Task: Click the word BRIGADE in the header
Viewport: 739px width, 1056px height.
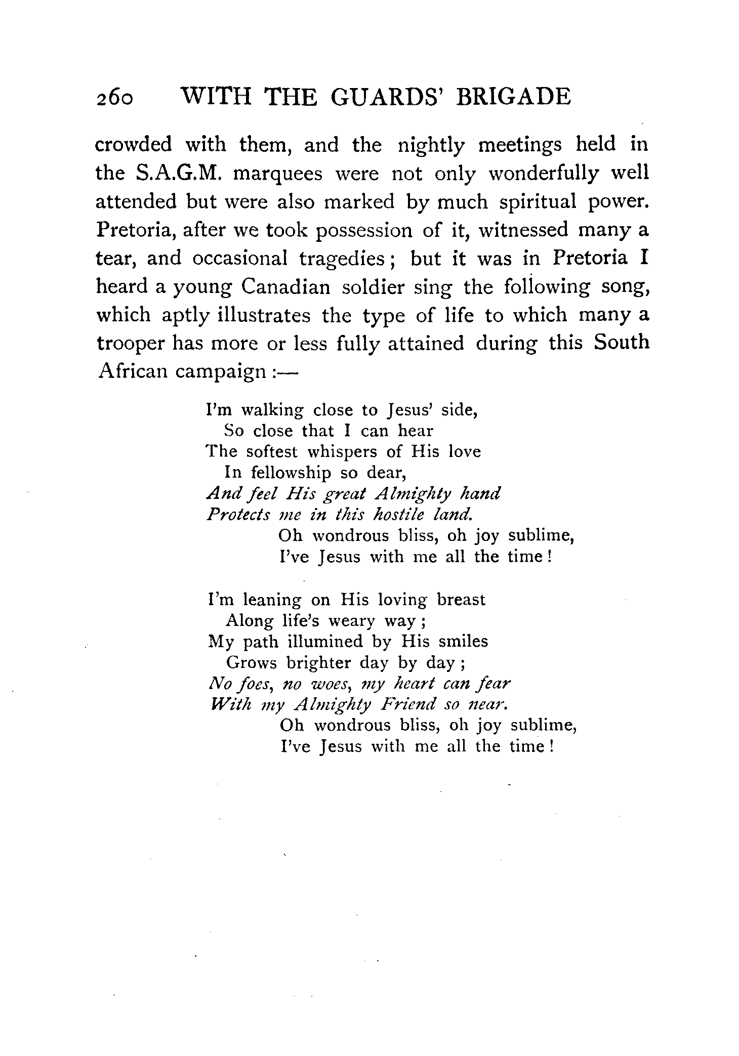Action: coord(513,96)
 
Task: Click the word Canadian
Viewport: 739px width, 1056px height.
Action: coord(285,287)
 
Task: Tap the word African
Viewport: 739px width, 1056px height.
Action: coord(133,371)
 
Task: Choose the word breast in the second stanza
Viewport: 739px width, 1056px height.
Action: coord(461,600)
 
